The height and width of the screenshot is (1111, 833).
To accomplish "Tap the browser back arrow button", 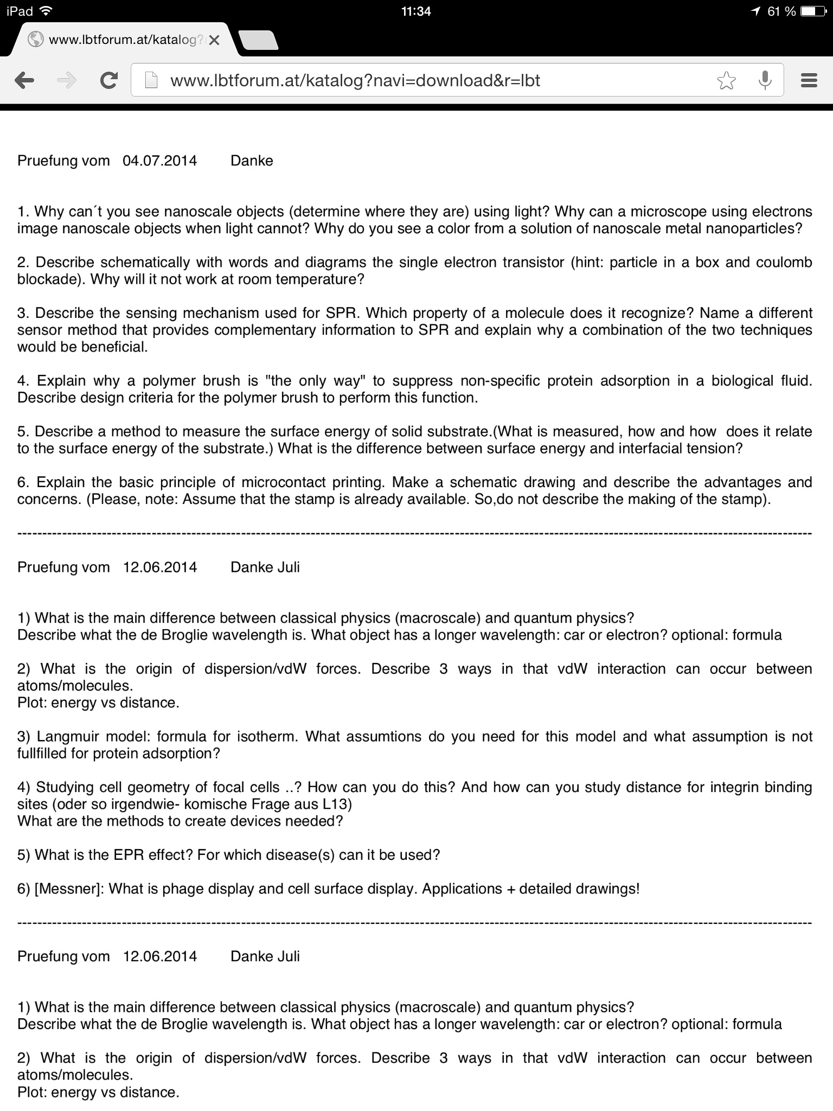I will (x=24, y=81).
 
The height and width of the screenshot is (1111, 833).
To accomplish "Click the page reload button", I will (x=110, y=81).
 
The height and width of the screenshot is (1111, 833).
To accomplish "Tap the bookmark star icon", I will (x=726, y=81).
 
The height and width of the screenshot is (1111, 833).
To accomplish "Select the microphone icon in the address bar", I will (x=765, y=80).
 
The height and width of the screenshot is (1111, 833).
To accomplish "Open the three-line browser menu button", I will (x=809, y=81).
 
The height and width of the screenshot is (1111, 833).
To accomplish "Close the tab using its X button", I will (x=214, y=40).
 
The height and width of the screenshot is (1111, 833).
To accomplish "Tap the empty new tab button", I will (x=259, y=40).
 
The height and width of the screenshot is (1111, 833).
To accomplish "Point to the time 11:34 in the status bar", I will (x=416, y=11).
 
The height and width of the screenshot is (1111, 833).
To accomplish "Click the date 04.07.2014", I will (x=160, y=161).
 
